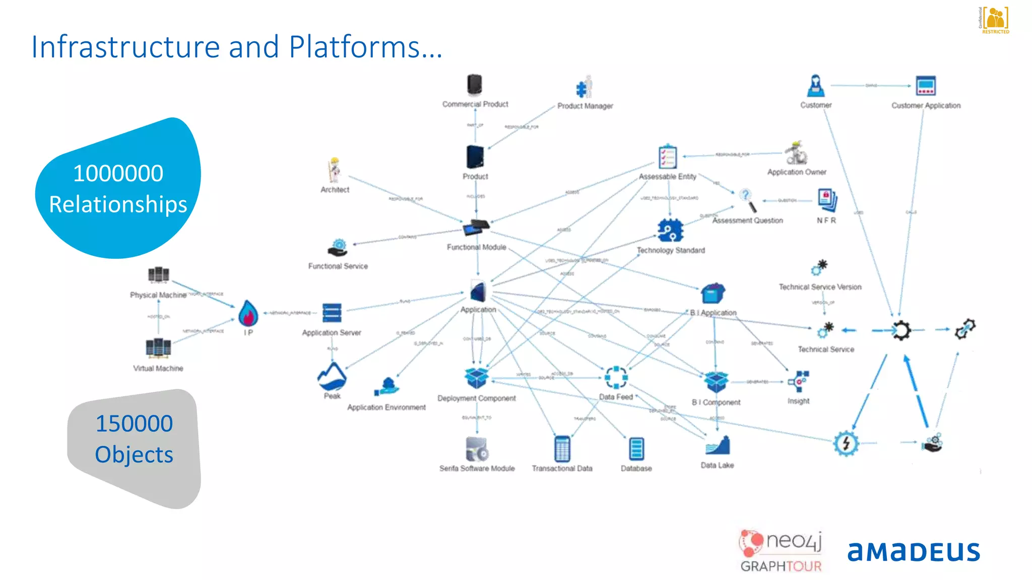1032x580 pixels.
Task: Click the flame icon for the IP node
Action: click(x=248, y=313)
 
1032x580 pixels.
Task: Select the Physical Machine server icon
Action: click(x=158, y=275)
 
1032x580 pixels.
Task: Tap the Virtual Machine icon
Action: click(x=158, y=347)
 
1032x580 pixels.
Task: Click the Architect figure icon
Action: click(x=335, y=170)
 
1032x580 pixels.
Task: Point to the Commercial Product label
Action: click(x=475, y=104)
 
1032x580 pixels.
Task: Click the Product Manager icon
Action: click(x=585, y=87)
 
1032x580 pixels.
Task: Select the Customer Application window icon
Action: click(x=926, y=86)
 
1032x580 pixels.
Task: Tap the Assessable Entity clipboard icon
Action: click(x=668, y=157)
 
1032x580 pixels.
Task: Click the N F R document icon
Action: click(x=827, y=199)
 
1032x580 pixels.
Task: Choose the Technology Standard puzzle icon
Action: click(x=670, y=231)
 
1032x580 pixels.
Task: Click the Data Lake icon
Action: click(x=718, y=446)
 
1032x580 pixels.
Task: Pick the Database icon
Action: click(x=636, y=449)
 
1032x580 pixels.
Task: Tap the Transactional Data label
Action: click(x=562, y=468)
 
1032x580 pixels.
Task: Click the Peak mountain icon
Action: click(x=332, y=376)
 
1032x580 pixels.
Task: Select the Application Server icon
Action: click(x=332, y=313)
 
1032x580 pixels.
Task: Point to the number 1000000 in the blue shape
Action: click(x=118, y=174)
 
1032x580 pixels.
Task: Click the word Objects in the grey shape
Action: click(x=134, y=455)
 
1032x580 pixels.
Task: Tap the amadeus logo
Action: click(x=913, y=551)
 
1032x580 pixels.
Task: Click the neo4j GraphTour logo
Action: click(x=781, y=551)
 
